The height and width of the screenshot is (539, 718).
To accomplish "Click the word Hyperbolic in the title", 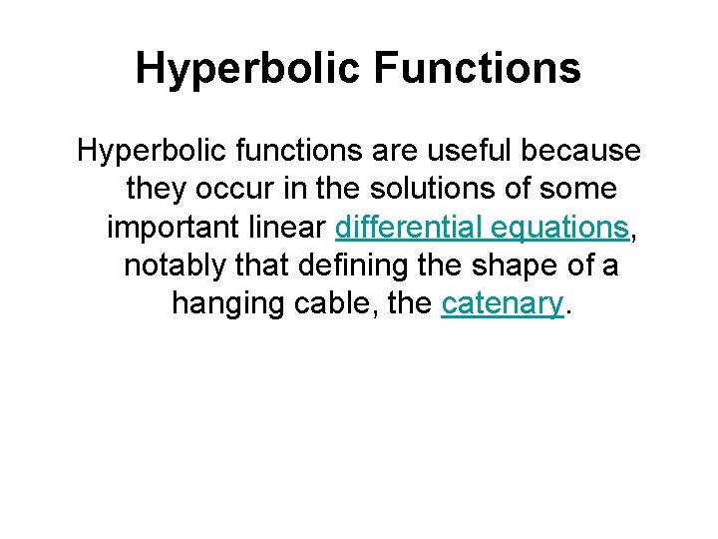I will [251, 69].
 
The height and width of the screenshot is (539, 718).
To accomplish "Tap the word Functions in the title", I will [480, 69].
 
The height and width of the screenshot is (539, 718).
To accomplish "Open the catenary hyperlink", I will [503, 303].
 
